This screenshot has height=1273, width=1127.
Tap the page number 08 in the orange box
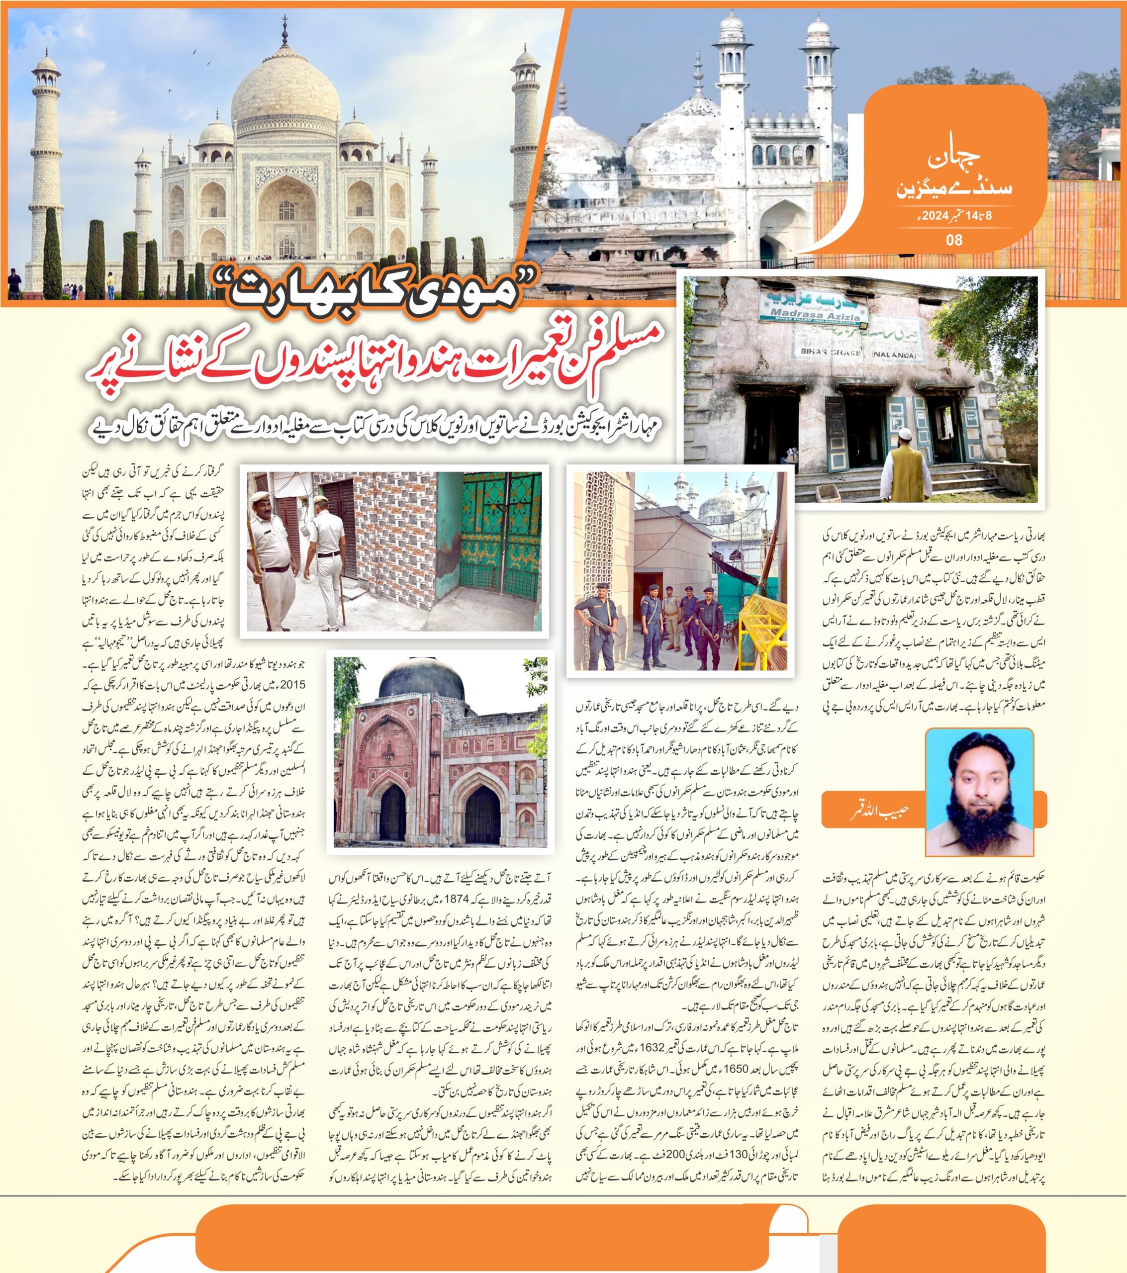954,239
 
